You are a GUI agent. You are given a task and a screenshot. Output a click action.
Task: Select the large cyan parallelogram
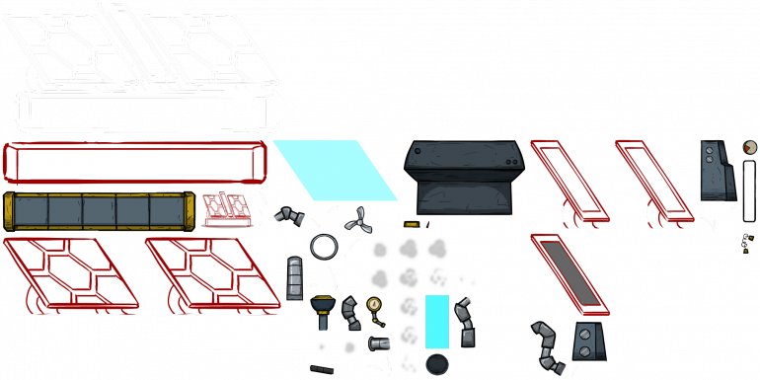[336, 170]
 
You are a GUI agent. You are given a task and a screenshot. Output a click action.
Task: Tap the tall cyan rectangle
[436, 321]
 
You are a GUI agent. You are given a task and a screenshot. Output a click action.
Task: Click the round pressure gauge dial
[373, 304]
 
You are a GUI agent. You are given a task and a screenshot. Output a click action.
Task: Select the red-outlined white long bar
[134, 163]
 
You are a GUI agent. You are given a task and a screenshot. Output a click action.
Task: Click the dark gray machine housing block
[465, 176]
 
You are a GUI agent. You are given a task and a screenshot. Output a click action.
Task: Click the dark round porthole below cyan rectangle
[436, 364]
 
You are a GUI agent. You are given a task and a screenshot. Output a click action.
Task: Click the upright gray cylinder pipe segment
[295, 278]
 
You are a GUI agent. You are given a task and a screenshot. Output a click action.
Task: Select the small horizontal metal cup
[379, 343]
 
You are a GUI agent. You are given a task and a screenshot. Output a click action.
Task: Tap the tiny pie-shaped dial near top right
[750, 148]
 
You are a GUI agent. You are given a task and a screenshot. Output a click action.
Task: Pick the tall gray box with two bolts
[717, 170]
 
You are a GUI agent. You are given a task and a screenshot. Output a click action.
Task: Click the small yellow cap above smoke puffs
[411, 225]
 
